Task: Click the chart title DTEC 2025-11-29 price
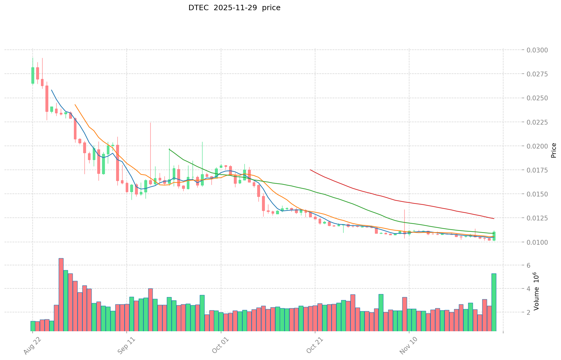(x=234, y=8)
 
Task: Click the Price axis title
(x=554, y=150)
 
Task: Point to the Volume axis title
(x=536, y=291)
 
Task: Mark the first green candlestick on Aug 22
(x=33, y=75)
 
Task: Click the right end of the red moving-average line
(x=494, y=219)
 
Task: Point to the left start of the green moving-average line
(x=169, y=149)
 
